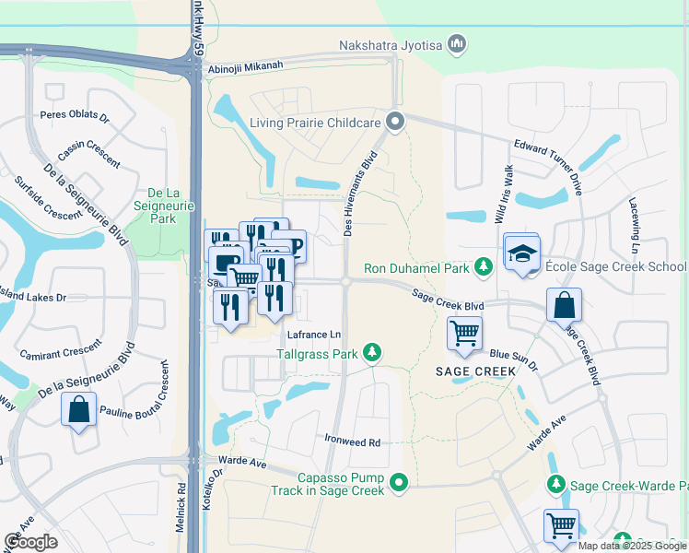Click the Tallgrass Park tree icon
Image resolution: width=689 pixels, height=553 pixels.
(372, 352)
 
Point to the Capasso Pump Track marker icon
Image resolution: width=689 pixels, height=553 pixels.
(398, 481)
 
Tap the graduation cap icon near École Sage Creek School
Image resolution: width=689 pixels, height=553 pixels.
(521, 253)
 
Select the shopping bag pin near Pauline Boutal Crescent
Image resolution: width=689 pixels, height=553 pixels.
(79, 408)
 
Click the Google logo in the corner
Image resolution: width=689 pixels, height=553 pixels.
(30, 542)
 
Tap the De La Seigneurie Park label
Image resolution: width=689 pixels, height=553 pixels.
(161, 206)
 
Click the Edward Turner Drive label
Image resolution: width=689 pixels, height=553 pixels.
(548, 166)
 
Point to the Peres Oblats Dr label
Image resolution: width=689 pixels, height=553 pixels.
(76, 117)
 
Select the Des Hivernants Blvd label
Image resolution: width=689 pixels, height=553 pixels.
(361, 194)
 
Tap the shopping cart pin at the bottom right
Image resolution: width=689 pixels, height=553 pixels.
(561, 525)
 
